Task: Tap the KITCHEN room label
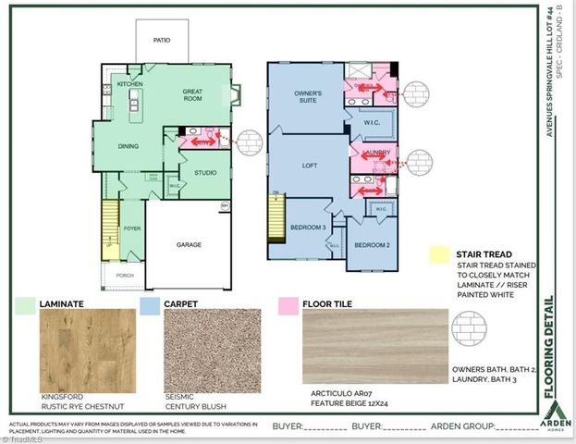(129, 84)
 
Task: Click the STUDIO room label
(204, 173)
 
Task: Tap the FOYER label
(131, 228)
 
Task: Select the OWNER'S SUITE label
(308, 98)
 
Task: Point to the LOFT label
(310, 166)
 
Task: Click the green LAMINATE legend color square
(25, 302)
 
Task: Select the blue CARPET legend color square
(149, 302)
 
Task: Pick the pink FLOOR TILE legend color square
(287, 302)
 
